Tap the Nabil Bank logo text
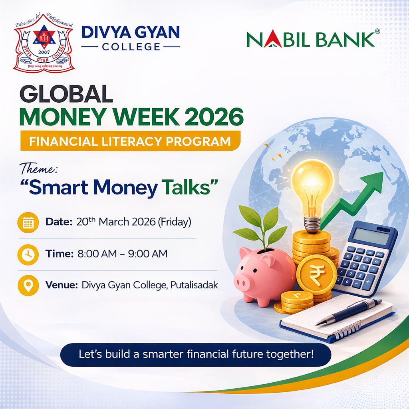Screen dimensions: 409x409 [310, 39]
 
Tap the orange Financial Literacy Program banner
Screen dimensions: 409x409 [130, 141]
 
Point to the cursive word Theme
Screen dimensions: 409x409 [39, 169]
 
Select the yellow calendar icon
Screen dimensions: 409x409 [28, 222]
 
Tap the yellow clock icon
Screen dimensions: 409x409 [28, 254]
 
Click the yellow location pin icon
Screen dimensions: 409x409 [28, 286]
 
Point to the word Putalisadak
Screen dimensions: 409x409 [194, 286]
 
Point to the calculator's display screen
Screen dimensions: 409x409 [370, 236]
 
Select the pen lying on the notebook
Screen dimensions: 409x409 [347, 311]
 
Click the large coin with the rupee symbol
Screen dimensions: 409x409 [317, 274]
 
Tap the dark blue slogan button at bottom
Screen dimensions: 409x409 [196, 354]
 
